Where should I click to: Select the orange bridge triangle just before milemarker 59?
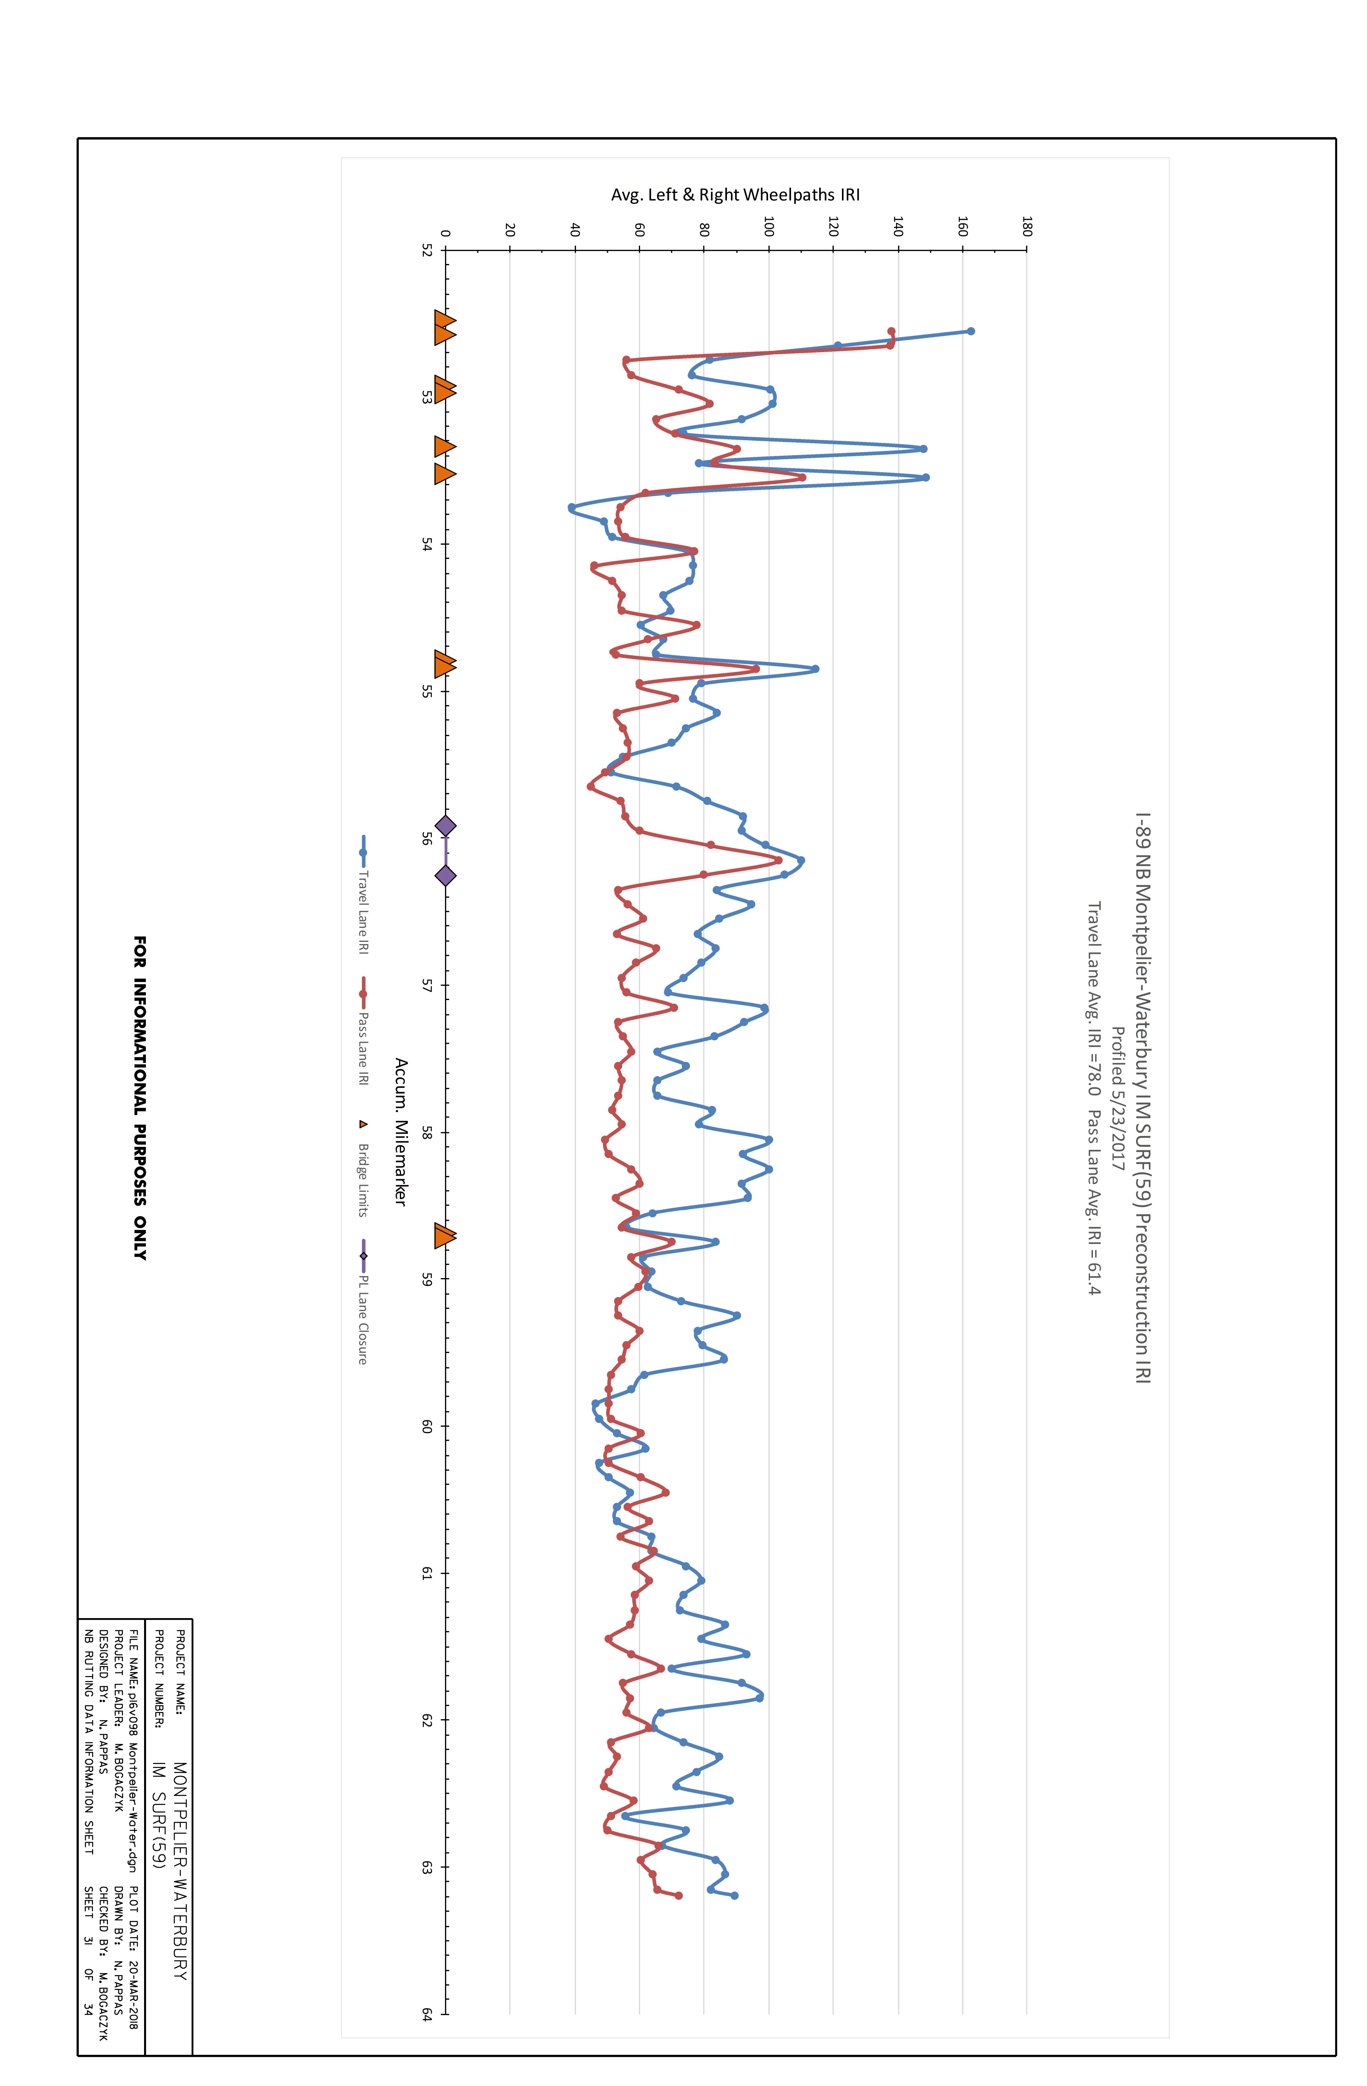click(x=445, y=1237)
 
